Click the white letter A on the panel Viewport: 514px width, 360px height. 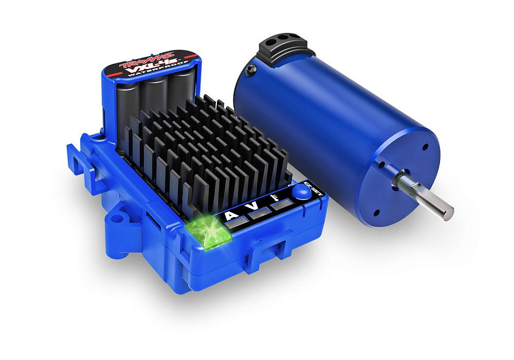(231, 214)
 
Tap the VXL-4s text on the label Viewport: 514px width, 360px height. (146, 67)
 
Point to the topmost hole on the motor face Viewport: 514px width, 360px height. (425, 147)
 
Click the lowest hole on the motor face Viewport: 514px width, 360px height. (376, 211)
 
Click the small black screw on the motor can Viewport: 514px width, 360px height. (250, 70)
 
